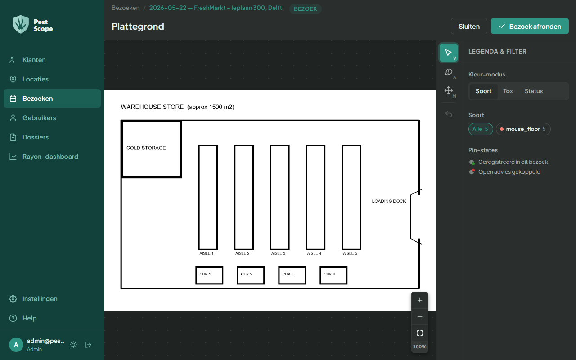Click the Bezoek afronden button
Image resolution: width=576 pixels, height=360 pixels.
(530, 26)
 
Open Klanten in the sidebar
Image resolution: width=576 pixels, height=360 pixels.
(34, 60)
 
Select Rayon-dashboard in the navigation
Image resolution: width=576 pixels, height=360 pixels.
(50, 157)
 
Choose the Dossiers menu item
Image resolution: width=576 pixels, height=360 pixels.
(36, 137)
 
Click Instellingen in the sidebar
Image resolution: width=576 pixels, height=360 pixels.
(40, 299)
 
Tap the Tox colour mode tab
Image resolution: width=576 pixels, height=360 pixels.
(508, 91)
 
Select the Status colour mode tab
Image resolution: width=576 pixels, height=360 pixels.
(534, 91)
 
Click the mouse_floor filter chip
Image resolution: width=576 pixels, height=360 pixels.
(523, 129)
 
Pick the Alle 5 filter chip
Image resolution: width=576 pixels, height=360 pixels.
(480, 129)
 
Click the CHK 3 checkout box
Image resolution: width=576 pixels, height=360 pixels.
(292, 275)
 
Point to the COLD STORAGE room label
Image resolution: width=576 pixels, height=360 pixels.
(146, 148)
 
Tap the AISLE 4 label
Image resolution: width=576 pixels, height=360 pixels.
(314, 253)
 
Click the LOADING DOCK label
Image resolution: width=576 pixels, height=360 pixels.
(389, 201)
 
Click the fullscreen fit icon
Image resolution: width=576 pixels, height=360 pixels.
(420, 333)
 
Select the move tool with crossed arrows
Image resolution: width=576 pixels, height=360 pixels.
(449, 90)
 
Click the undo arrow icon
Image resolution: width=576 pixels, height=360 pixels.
(449, 114)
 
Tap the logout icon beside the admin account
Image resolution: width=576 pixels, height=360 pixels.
(88, 345)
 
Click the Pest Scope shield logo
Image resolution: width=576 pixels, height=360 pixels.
(21, 24)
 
